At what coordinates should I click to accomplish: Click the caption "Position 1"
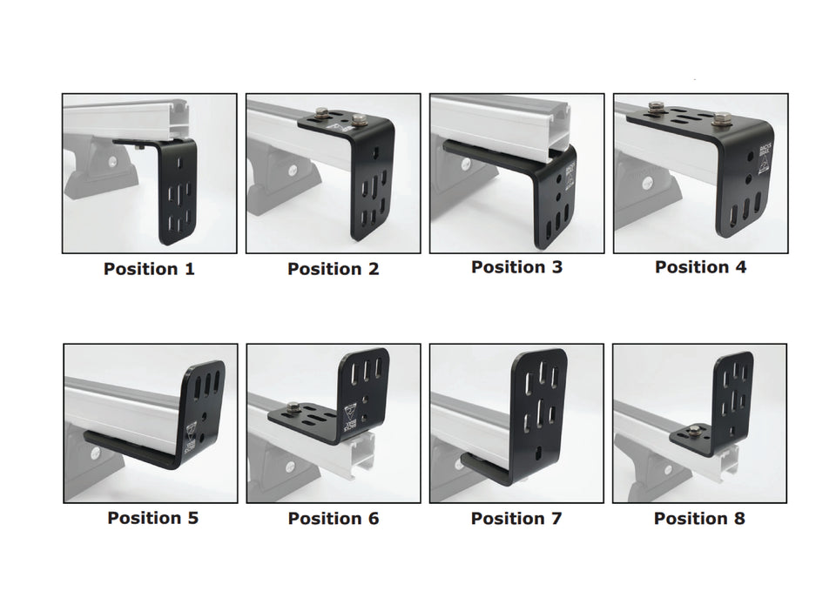coord(149,269)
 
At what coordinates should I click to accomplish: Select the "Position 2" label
coord(334,269)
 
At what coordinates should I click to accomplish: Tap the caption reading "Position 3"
coord(516,267)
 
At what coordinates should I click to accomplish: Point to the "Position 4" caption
coord(700,267)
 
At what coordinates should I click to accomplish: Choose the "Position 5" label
coord(152,518)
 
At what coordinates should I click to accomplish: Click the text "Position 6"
coord(334,519)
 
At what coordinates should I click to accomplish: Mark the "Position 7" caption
coord(516,519)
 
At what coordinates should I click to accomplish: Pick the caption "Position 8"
coord(699,519)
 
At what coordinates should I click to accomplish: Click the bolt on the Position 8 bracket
coord(695,430)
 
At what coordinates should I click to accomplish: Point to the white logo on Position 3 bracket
coord(571,171)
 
